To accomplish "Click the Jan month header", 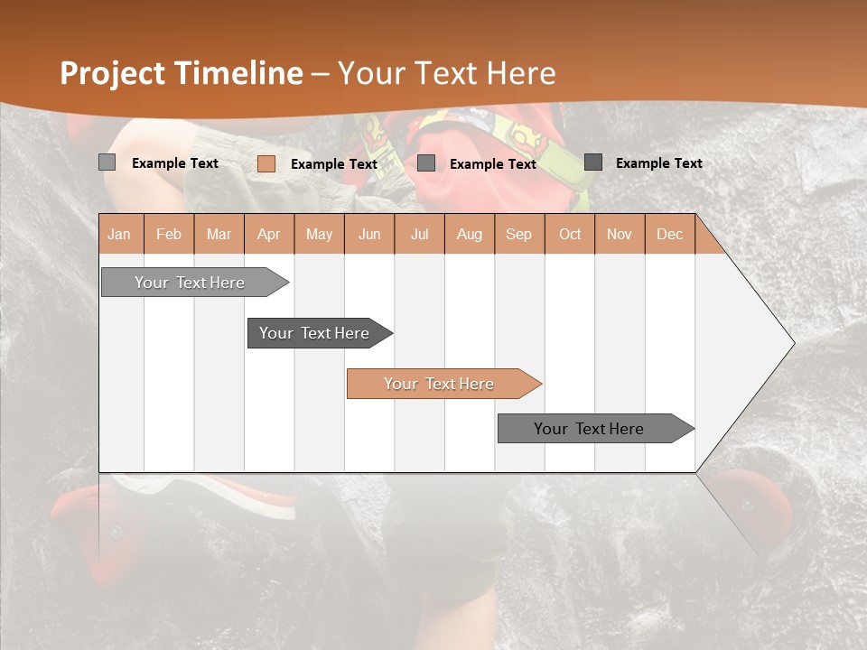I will pyautogui.click(x=119, y=234).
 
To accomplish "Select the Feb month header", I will pyautogui.click(x=169, y=234).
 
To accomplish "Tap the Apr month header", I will pyautogui.click(x=268, y=234).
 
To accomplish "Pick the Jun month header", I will pyautogui.click(x=369, y=234).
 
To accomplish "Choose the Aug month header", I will pyautogui.click(x=469, y=234).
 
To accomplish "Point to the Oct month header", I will pyautogui.click(x=570, y=234).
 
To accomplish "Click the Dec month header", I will pyautogui.click(x=669, y=234).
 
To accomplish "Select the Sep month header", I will pyautogui.click(x=518, y=234).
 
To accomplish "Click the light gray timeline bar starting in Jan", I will pyautogui.click(x=191, y=283).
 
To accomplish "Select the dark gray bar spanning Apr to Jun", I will pyautogui.click(x=315, y=333).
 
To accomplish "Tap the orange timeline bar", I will pyautogui.click(x=440, y=384).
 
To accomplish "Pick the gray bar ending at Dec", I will pyautogui.click(x=590, y=429).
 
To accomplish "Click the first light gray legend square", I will pyautogui.click(x=107, y=162).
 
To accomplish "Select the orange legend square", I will pyautogui.click(x=266, y=163).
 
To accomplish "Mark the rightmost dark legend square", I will pyautogui.click(x=593, y=162).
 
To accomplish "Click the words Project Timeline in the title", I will pyautogui.click(x=181, y=73).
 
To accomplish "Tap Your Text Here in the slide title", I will pyautogui.click(x=446, y=73).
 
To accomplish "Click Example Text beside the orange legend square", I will pyautogui.click(x=334, y=164).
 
